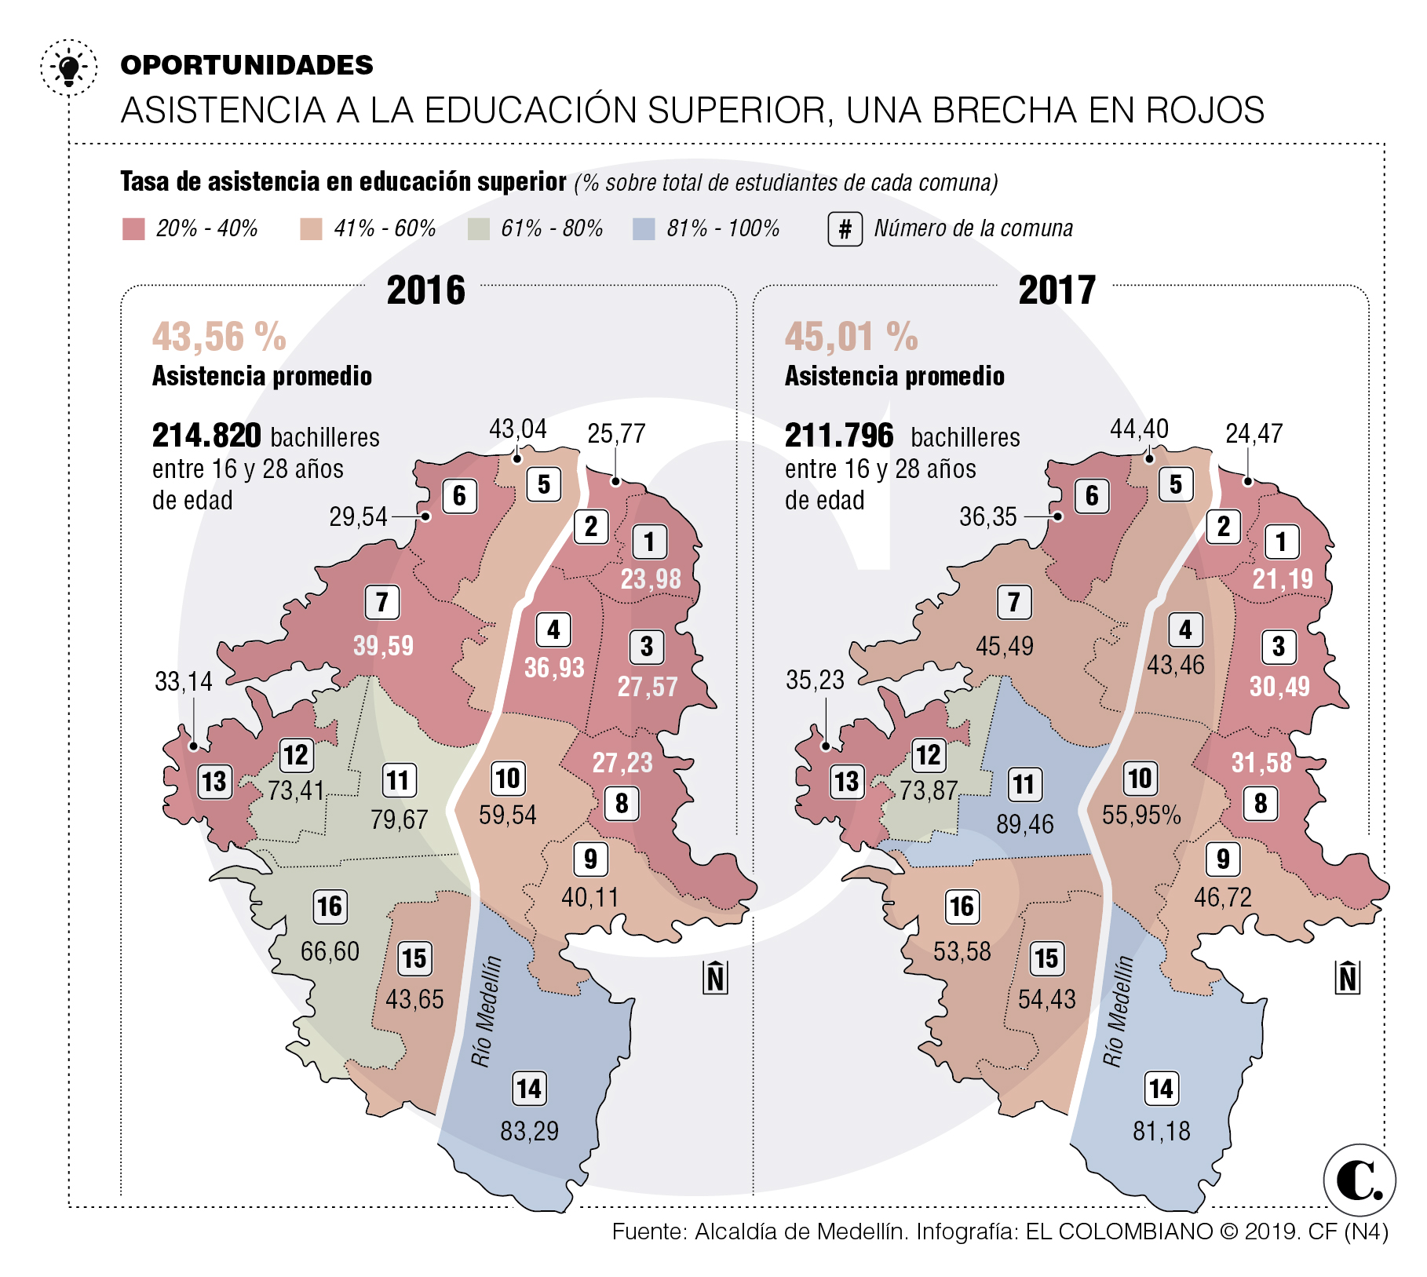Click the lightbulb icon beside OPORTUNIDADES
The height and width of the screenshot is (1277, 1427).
point(69,68)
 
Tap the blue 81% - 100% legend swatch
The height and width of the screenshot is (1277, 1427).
point(644,229)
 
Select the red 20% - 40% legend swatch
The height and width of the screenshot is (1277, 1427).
point(133,229)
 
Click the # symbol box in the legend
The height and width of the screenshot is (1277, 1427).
point(845,229)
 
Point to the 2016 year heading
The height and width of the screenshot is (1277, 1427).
point(425,290)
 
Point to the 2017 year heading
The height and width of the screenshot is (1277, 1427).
point(1057,290)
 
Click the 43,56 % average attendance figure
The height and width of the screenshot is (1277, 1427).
point(219,337)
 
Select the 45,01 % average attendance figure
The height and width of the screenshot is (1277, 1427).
point(851,337)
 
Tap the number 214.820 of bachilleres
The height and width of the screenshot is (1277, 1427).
point(206,436)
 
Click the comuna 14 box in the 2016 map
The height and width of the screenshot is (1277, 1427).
point(528,1089)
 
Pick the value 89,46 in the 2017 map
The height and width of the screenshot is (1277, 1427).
point(1024,824)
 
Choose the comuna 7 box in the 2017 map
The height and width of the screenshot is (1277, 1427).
point(1014,603)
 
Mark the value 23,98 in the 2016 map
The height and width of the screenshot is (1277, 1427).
point(651,579)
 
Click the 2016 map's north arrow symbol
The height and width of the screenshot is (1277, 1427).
point(715,977)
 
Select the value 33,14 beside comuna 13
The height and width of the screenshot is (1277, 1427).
point(184,680)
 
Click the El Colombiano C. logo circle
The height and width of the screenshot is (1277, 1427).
point(1359,1180)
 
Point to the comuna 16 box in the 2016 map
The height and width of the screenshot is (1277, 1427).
point(330,907)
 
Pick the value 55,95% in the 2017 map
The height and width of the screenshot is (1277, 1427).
point(1141,815)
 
